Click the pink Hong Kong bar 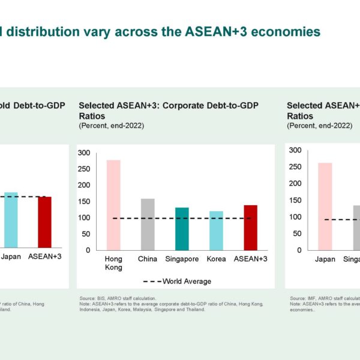coord(113,205)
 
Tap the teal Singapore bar coord(182,229)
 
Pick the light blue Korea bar coord(216,230)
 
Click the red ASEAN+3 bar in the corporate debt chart coord(250,227)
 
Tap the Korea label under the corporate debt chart coord(216,259)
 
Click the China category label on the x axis coord(148,259)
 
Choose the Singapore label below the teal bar coord(182,259)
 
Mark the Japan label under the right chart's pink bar coord(325,259)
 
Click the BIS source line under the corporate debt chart coord(118,298)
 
